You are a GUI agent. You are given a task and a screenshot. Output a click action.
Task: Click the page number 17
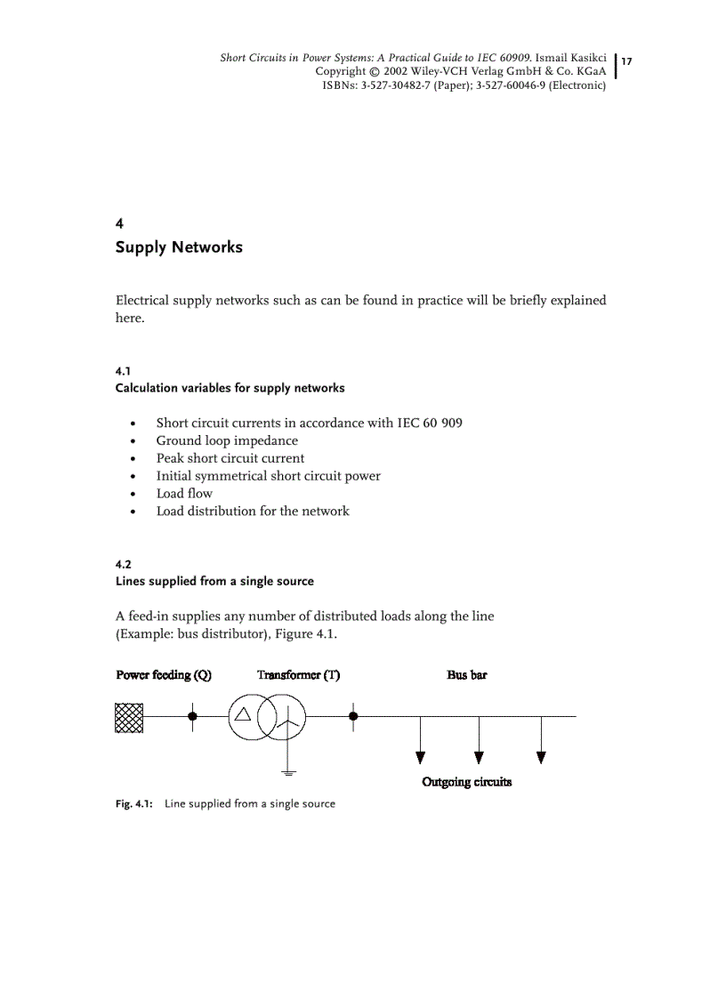click(626, 61)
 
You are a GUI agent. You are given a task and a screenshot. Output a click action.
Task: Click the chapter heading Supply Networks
click(179, 247)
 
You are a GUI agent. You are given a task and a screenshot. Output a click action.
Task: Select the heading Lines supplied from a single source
click(214, 581)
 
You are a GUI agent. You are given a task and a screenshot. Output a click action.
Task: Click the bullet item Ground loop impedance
click(227, 440)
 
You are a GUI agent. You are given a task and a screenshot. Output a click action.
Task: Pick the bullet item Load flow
click(184, 493)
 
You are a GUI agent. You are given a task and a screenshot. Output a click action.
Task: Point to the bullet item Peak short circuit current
click(230, 458)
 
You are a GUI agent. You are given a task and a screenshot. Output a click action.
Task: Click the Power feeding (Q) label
click(164, 675)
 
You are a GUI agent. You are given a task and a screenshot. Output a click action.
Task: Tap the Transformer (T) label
click(298, 675)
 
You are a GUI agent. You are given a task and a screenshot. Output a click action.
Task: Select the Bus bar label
click(467, 675)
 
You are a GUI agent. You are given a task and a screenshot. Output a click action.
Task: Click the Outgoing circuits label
click(466, 782)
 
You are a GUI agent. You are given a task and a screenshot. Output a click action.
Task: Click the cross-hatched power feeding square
click(129, 716)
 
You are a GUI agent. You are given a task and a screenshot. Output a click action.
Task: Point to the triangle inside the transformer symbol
click(243, 714)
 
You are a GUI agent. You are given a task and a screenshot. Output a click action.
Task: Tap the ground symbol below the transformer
click(286, 769)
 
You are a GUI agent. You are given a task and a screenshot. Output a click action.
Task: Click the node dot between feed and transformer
click(192, 715)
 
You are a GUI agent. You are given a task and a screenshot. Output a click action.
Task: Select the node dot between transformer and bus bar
click(353, 715)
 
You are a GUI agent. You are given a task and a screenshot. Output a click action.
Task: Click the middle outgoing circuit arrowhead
click(479, 757)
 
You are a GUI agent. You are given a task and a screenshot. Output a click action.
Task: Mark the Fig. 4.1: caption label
click(134, 803)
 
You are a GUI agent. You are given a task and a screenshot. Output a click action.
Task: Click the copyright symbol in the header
click(375, 71)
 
